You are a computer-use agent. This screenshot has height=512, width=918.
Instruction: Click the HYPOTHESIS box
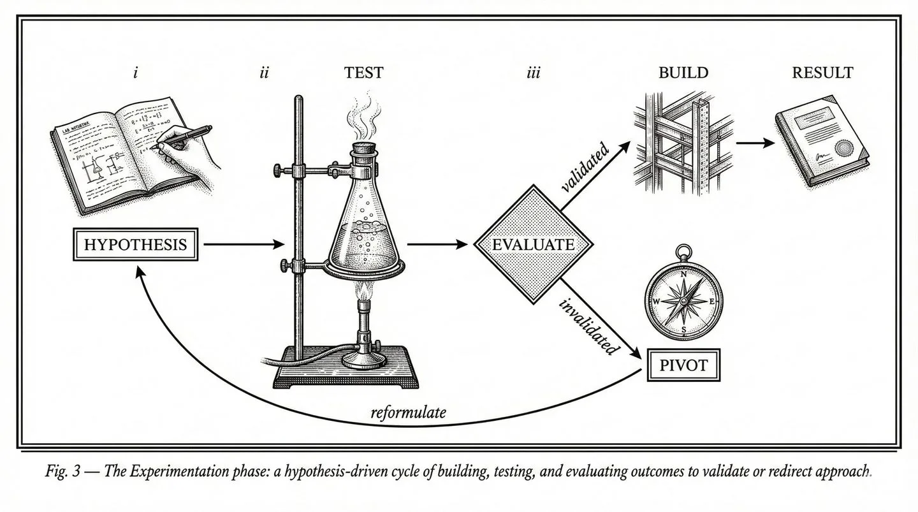[x=135, y=244]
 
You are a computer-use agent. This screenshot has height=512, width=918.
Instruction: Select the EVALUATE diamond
[x=534, y=244]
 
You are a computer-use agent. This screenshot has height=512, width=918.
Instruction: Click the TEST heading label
[x=363, y=73]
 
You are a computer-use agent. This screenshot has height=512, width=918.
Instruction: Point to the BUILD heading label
[x=683, y=73]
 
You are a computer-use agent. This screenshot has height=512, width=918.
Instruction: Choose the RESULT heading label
[x=822, y=73]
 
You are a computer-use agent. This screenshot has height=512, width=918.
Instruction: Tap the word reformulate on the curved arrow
[x=408, y=413]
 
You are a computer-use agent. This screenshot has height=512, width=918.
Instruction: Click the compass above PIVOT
[x=684, y=299]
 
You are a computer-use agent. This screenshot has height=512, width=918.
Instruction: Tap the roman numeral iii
[x=533, y=73]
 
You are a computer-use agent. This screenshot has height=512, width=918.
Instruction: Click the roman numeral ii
[x=264, y=73]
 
